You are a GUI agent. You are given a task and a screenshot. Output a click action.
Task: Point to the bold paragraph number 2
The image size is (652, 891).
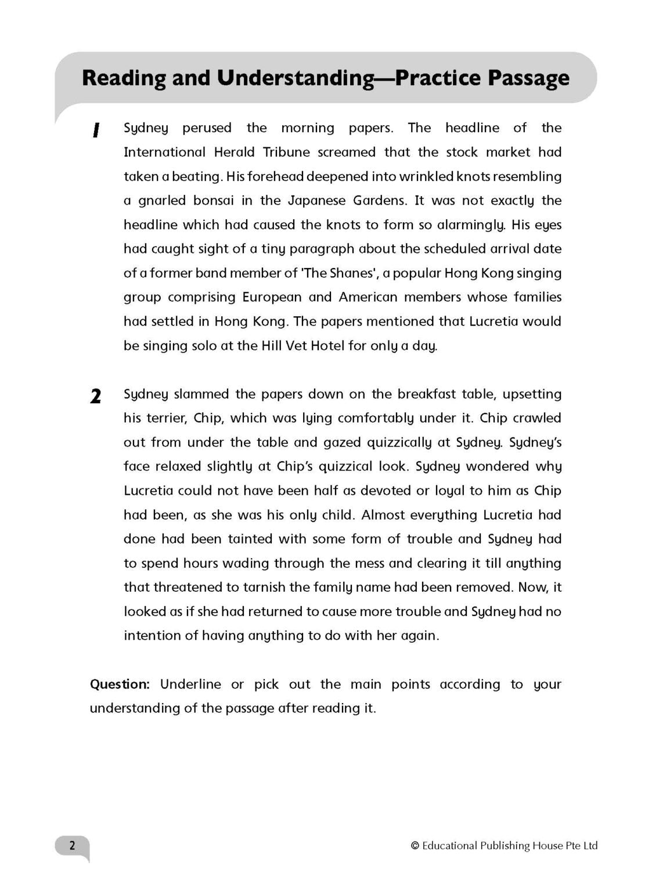[96, 397]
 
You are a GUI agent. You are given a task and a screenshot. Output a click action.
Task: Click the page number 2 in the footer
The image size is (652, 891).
[72, 846]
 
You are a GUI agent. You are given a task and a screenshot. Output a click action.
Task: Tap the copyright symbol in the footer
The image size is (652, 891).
[415, 846]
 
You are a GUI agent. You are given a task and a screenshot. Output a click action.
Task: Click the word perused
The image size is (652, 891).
[207, 128]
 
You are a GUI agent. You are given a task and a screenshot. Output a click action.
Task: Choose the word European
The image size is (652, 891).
[272, 298]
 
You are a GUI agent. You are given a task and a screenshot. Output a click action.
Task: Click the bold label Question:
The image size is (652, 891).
[120, 684]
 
